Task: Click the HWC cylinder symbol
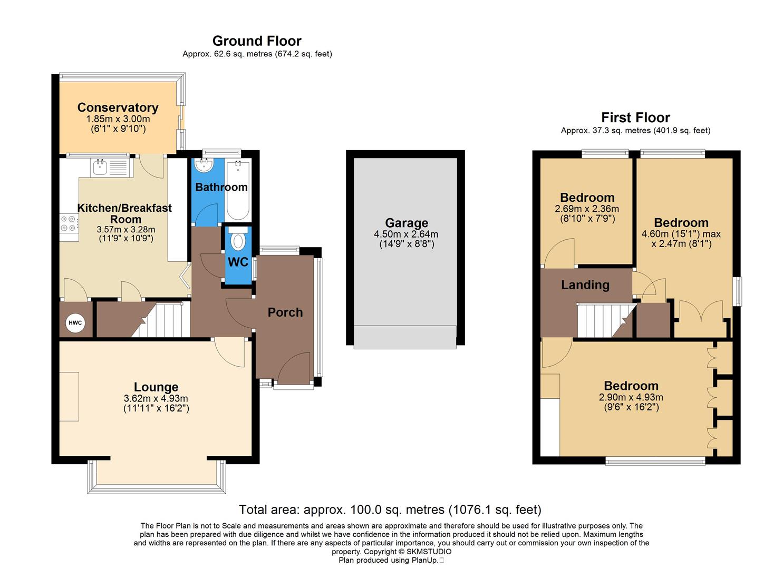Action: click(x=75, y=323)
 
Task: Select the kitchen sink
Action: click(x=100, y=168)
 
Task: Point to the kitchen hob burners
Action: click(x=69, y=224)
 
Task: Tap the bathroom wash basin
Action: click(x=203, y=166)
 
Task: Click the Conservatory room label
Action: click(x=118, y=107)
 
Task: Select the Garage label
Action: click(x=406, y=223)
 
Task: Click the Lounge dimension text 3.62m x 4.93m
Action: click(x=156, y=398)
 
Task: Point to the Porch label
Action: click(x=285, y=312)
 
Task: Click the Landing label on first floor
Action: click(x=585, y=285)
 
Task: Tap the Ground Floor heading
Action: click(x=257, y=41)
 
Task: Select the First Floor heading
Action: click(x=635, y=117)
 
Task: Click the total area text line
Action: click(x=390, y=509)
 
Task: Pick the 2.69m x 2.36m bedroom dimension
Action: click(x=587, y=209)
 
